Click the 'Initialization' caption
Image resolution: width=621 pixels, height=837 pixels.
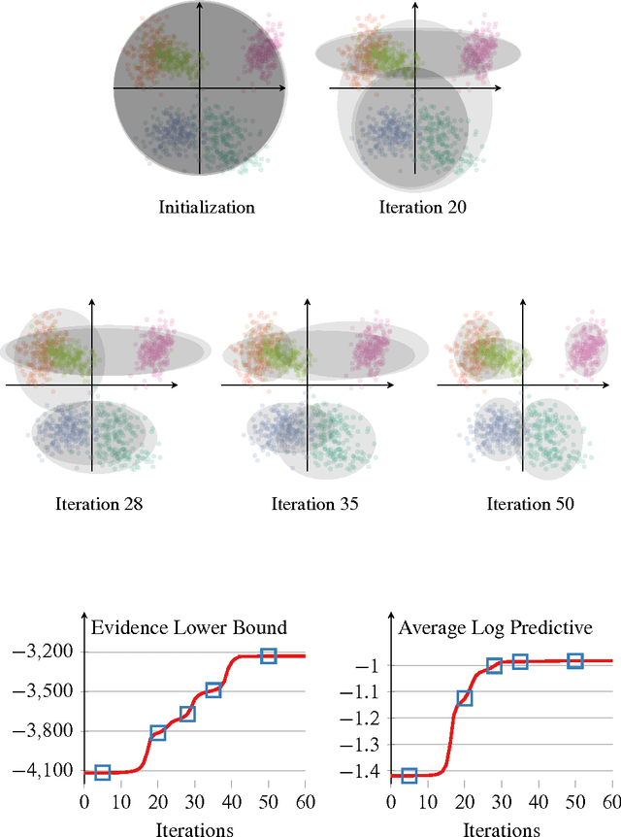coord(207,207)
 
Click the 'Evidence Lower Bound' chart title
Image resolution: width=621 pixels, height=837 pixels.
coord(188,627)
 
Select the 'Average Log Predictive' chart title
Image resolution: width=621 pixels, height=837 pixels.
coord(496,627)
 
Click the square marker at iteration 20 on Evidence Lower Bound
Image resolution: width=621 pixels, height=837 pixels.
coord(158,733)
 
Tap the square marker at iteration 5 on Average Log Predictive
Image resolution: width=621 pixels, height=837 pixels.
coord(409,775)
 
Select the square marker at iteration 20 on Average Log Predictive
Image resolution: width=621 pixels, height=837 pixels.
coord(465,697)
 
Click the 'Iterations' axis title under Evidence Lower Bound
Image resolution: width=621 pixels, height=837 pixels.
coord(194,829)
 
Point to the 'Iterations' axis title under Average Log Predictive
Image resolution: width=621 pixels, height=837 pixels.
coord(502,829)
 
